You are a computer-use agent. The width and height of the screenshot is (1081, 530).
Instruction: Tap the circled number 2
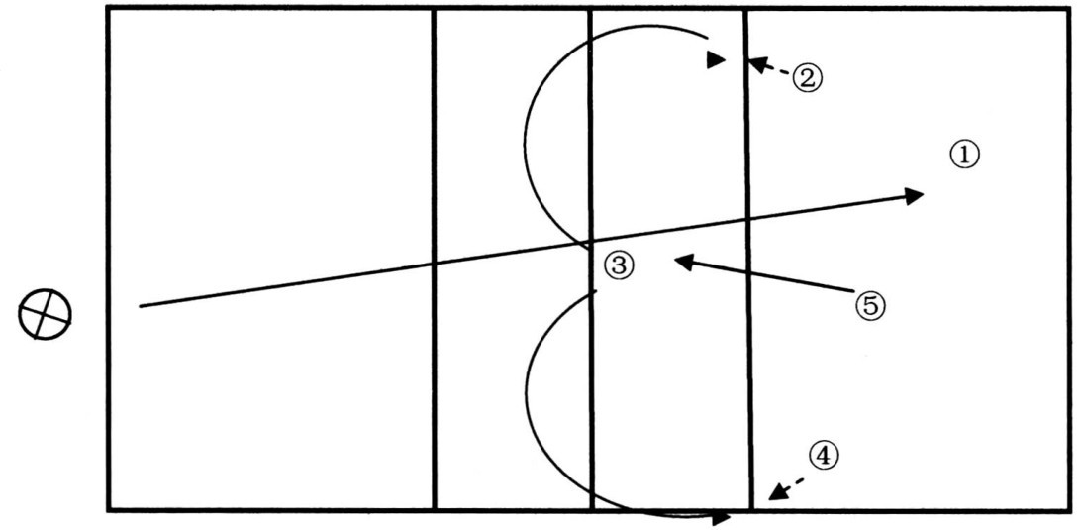pyautogui.click(x=807, y=77)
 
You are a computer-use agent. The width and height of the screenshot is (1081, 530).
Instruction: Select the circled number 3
pyautogui.click(x=617, y=265)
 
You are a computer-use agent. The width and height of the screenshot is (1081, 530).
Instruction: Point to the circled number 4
pyautogui.click(x=824, y=455)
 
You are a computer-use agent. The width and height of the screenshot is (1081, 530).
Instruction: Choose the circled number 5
pyautogui.click(x=869, y=305)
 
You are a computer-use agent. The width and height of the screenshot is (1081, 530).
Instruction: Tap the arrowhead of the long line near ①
pyautogui.click(x=916, y=195)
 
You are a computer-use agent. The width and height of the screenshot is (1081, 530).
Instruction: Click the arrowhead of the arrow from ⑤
pyautogui.click(x=681, y=261)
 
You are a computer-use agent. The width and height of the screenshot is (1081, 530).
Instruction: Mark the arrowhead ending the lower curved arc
pyautogui.click(x=722, y=517)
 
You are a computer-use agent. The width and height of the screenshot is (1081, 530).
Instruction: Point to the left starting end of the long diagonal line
pyautogui.click(x=141, y=306)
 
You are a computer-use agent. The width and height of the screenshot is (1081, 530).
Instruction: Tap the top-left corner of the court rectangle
pyautogui.click(x=107, y=9)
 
